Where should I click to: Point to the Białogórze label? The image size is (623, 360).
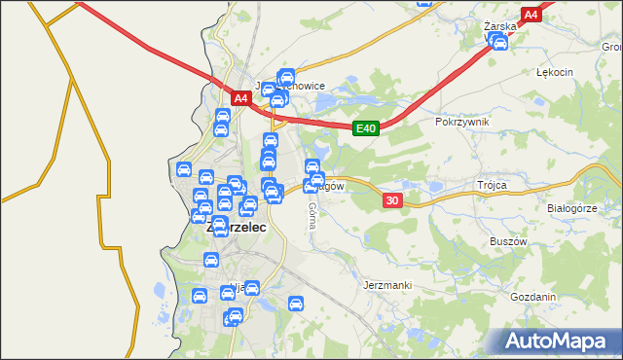(x=571, y=208)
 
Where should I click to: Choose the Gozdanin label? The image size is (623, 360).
(x=531, y=297)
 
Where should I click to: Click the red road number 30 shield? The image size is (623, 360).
(x=392, y=199)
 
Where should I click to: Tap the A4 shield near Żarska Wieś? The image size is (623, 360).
(x=531, y=16)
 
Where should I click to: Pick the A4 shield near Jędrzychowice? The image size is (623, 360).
(x=240, y=98)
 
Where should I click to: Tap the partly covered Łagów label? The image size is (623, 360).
(x=333, y=185)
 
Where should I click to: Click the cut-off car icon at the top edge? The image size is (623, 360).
(x=423, y=3)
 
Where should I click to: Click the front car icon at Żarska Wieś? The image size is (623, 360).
(x=500, y=43)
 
